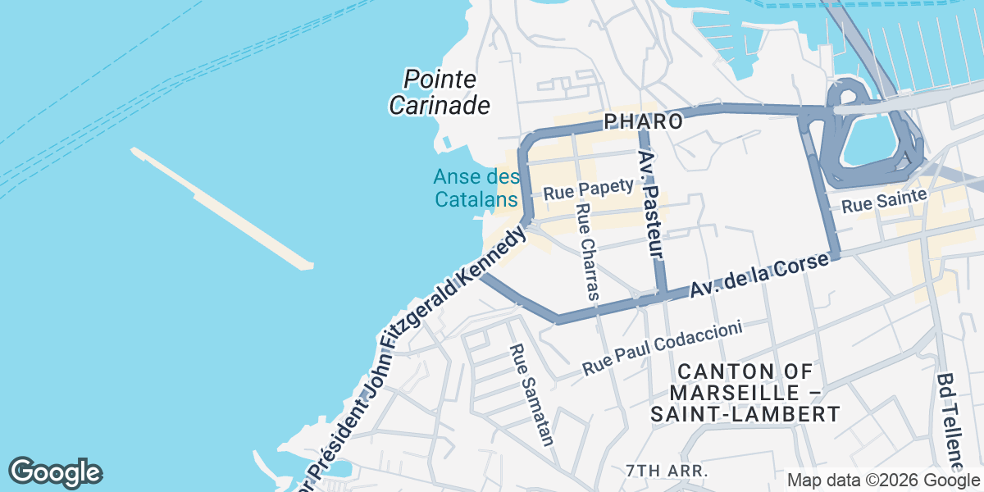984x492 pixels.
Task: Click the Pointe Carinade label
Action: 439,92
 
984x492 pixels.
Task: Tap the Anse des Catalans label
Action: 476,188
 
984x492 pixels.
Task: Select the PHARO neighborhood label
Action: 644,122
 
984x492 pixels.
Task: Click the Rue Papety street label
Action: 589,189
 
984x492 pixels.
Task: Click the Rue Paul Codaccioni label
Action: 663,348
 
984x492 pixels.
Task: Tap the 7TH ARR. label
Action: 666,471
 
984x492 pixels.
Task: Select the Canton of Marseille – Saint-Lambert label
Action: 745,393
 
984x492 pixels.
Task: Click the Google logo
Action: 56,472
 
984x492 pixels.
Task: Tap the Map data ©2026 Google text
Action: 882,480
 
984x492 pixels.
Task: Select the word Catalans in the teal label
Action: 476,198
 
